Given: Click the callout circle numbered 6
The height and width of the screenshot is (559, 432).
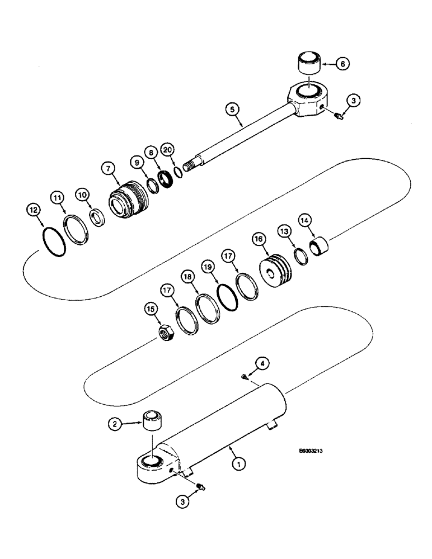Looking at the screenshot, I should (x=344, y=64).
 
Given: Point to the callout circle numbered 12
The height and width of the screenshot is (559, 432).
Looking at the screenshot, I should (x=34, y=210).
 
